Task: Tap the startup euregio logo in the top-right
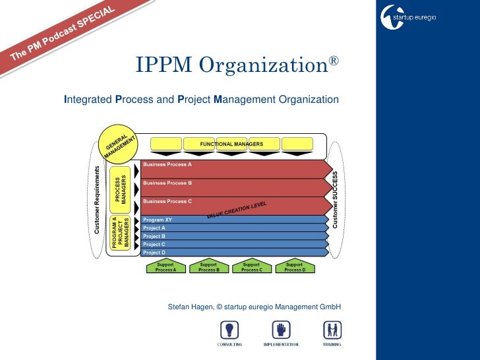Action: tap(409, 16)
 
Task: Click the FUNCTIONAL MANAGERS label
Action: tap(232, 144)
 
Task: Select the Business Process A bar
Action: tap(234, 168)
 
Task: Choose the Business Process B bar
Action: tap(234, 187)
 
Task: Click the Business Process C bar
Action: tap(234, 205)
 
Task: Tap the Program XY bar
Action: tap(234, 220)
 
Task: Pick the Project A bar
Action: tap(234, 228)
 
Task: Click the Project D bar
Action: tap(234, 252)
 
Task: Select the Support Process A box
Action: tap(165, 266)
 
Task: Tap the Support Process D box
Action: tap(294, 266)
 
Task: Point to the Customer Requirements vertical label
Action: tap(97, 199)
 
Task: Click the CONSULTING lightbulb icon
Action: tap(229, 330)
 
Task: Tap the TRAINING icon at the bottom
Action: tap(332, 330)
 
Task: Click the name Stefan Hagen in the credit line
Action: tap(191, 307)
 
